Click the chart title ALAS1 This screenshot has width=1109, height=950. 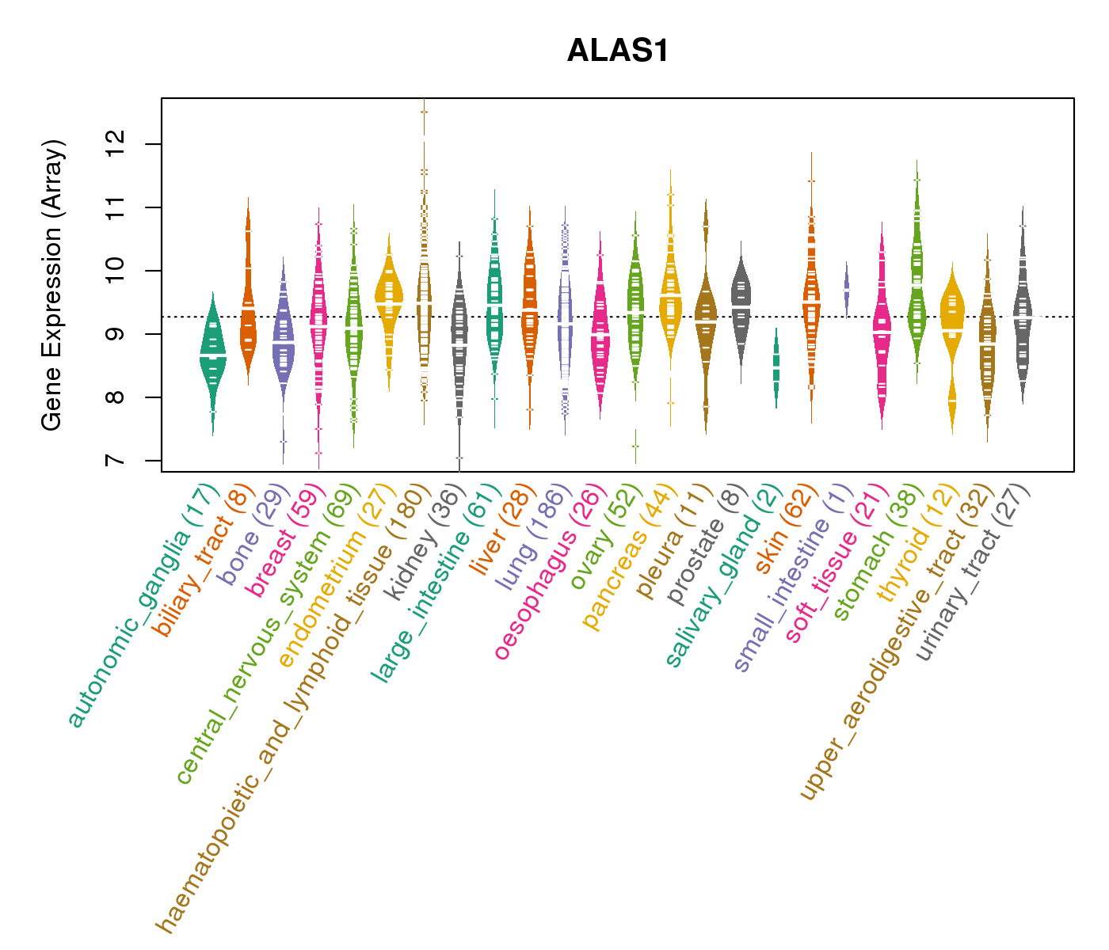click(618, 51)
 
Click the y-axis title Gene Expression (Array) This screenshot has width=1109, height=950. click(52, 286)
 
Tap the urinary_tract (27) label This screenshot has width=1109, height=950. click(975, 574)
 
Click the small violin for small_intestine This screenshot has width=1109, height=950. click(846, 290)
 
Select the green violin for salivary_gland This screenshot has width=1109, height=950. click(776, 368)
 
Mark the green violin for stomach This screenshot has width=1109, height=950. click(917, 285)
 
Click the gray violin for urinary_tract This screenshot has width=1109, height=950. click(1023, 317)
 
